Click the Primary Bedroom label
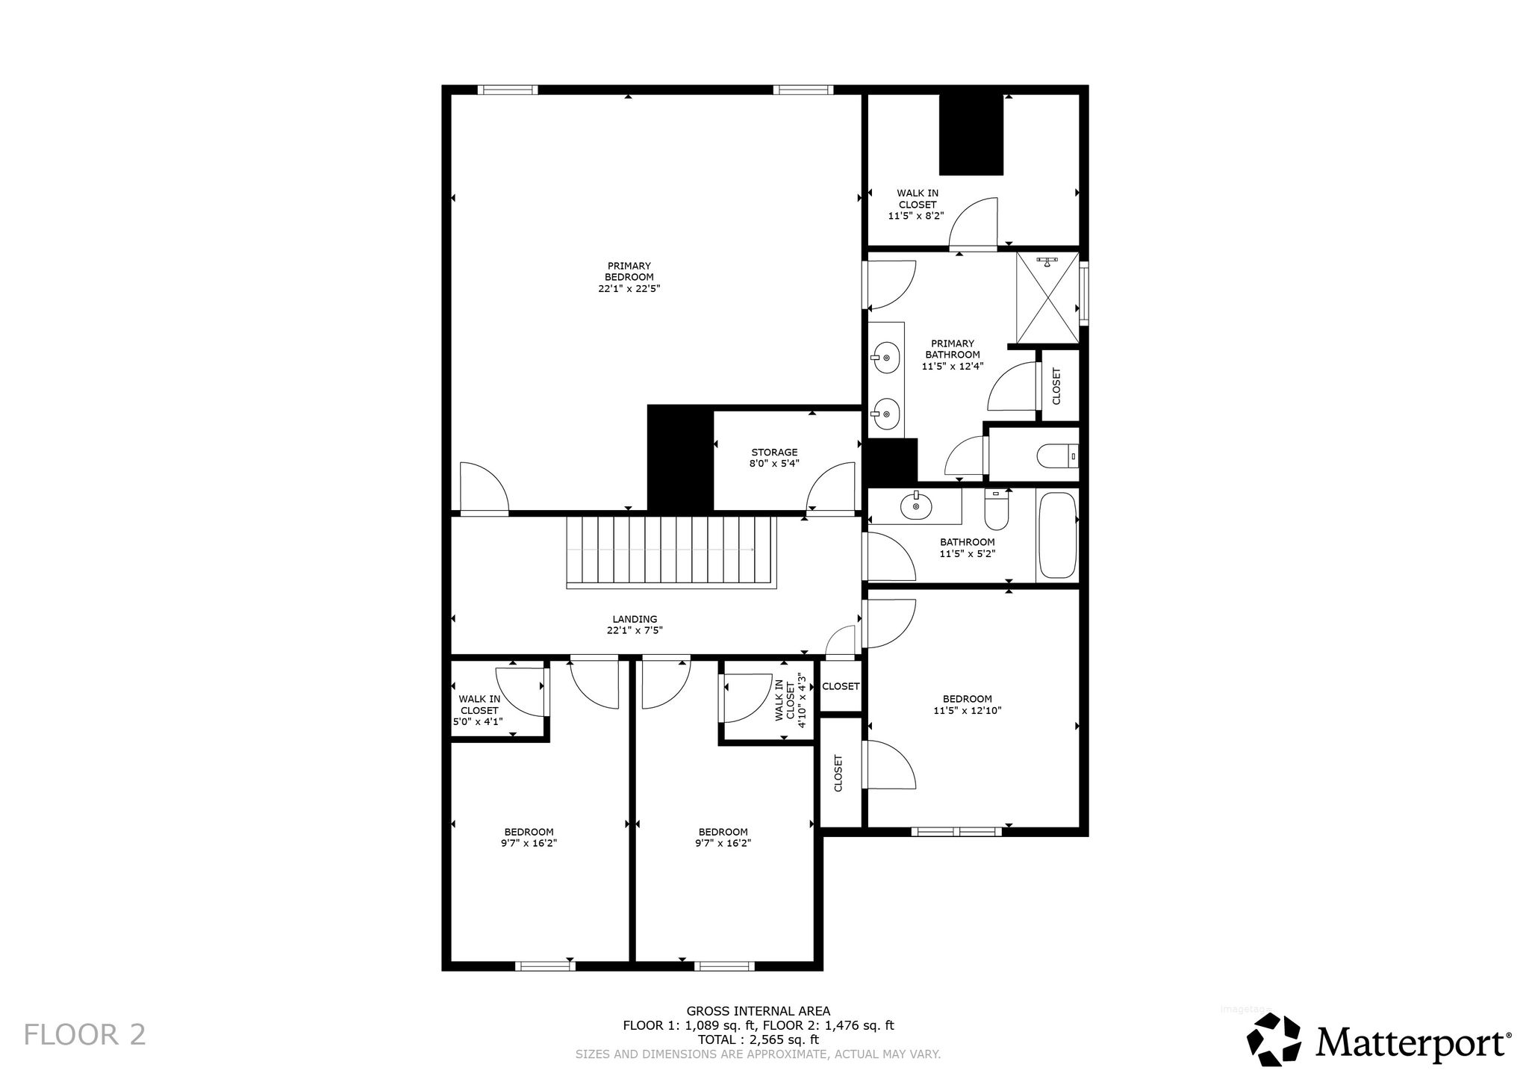coord(629,277)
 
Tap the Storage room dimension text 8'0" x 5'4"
coord(774,463)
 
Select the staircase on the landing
coord(672,552)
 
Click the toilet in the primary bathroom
coord(1059,455)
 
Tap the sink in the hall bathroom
coord(915,507)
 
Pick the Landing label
coord(635,624)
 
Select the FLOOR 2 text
coord(84,1035)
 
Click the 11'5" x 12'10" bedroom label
coord(967,705)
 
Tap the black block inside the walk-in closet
coord(971,134)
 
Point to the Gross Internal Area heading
coord(758,1011)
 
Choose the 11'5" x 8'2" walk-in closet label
coord(917,205)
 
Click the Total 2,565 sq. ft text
coord(758,1039)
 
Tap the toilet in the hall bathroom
coord(997,508)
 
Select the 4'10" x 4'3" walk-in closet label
coord(791,700)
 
